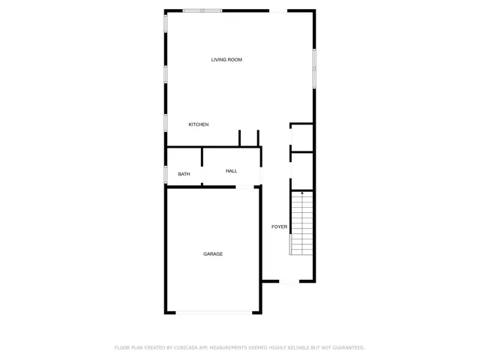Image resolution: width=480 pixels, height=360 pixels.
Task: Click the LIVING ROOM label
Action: coord(226,60)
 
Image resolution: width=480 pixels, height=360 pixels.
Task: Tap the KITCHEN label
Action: coord(198,124)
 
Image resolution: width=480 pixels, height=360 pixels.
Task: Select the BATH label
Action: coord(184,175)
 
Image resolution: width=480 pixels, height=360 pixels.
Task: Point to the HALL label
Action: coord(231,171)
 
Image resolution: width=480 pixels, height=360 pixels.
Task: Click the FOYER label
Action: coord(279,226)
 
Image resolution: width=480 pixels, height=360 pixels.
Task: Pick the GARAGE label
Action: coord(213,254)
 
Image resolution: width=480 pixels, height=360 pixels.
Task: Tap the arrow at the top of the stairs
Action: coord(301,194)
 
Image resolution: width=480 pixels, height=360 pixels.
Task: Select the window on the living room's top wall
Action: coord(202,10)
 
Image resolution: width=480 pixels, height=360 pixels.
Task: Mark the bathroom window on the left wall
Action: coord(166,174)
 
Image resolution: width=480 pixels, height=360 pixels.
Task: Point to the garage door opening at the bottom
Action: coord(214,313)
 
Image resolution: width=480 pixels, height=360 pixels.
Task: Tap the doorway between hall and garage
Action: coord(245,187)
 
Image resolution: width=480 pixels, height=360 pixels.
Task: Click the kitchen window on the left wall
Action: coord(166,122)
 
